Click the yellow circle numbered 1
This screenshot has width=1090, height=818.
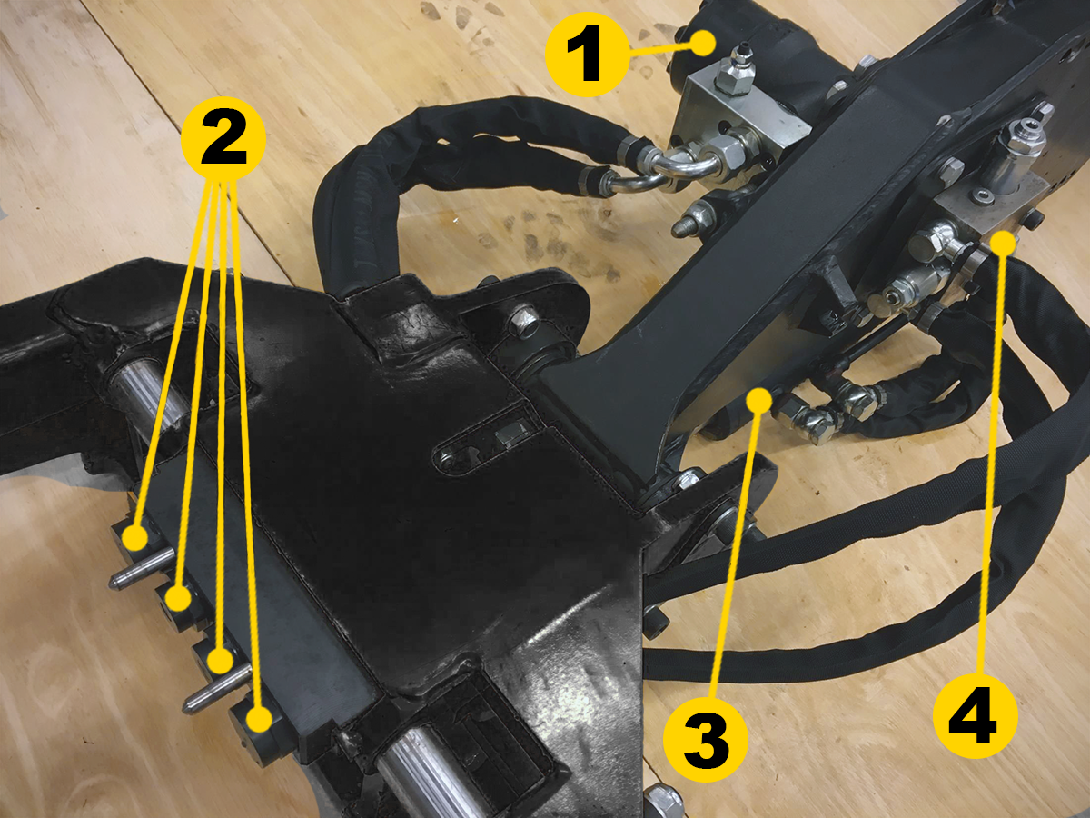588,55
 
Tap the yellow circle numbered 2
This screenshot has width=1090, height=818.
223,140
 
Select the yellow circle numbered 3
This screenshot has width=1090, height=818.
706,740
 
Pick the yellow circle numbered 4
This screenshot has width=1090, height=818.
976,715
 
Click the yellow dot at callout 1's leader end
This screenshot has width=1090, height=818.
703,44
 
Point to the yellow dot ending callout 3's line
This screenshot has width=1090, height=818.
758,401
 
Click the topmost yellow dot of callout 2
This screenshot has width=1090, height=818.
135,538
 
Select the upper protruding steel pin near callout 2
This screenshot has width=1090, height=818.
142,568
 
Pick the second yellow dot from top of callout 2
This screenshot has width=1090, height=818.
178,598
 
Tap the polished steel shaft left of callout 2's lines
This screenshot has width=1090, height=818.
149,403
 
